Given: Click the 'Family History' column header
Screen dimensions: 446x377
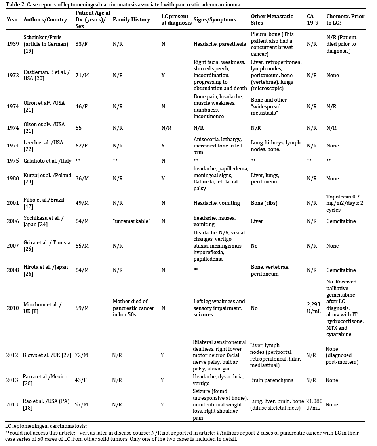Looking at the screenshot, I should click(x=131, y=19).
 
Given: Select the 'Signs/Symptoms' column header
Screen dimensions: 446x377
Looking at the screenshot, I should click(x=215, y=19).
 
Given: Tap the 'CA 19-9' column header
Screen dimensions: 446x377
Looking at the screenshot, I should click(x=312, y=19).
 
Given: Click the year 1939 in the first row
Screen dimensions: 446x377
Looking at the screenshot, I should click(x=13, y=44).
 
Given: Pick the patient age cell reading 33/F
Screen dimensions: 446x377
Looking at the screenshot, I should click(x=82, y=44).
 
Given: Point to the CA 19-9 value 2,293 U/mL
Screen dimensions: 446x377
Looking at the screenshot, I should click(x=314, y=308).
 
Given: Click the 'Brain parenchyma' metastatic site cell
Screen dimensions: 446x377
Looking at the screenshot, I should click(x=272, y=380).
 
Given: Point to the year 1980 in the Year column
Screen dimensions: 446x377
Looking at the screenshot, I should click(x=13, y=179).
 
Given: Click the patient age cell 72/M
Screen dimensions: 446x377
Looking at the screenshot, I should click(x=82, y=355).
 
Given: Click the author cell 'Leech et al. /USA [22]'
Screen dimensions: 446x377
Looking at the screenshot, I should click(x=43, y=146).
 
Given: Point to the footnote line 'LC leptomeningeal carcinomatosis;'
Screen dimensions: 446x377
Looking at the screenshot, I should click(x=46, y=426).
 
